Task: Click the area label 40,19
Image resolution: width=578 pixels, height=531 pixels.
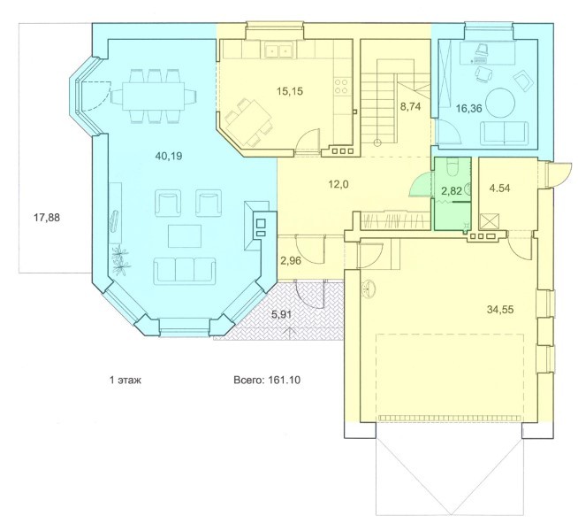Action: pyautogui.click(x=169, y=156)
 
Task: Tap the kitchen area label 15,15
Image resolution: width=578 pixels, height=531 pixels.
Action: pyautogui.click(x=290, y=91)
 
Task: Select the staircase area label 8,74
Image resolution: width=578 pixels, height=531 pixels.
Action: pyautogui.click(x=411, y=107)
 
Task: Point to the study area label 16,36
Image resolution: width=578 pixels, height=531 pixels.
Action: pyautogui.click(x=469, y=109)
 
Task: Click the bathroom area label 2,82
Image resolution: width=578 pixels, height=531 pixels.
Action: pyautogui.click(x=452, y=191)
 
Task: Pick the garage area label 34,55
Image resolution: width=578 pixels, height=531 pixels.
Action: pyautogui.click(x=500, y=309)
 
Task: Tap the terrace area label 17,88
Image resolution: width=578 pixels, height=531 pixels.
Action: pyautogui.click(x=47, y=218)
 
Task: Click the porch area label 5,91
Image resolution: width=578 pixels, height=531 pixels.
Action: pyautogui.click(x=282, y=314)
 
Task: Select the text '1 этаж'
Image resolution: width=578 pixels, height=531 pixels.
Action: pyautogui.click(x=125, y=380)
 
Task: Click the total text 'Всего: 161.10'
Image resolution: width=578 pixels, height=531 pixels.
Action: pyautogui.click(x=267, y=380)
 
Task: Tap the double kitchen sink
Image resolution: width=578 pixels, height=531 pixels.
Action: pyautogui.click(x=278, y=50)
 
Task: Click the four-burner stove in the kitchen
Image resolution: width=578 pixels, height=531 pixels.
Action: pyautogui.click(x=342, y=86)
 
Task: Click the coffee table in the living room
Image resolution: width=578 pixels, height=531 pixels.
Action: pyautogui.click(x=185, y=236)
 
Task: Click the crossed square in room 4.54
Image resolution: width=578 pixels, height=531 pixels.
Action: pyautogui.click(x=489, y=223)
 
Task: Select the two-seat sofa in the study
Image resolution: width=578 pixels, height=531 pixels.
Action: pyautogui.click(x=504, y=133)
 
